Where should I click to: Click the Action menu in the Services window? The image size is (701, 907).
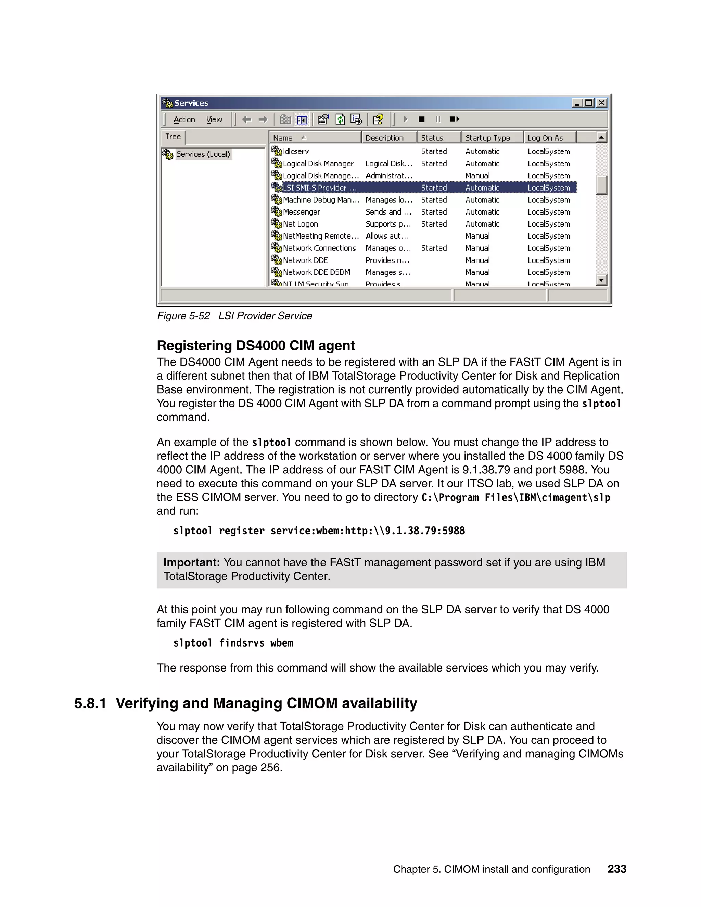[184, 119]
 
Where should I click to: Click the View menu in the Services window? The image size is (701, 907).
[214, 119]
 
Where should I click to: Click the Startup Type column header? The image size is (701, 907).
[487, 138]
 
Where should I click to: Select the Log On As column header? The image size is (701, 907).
[545, 138]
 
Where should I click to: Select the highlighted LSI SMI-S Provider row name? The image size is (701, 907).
[319, 188]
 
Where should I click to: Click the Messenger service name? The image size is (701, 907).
[301, 212]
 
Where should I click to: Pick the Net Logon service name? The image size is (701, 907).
[300, 224]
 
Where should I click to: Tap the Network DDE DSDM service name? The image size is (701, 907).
[317, 272]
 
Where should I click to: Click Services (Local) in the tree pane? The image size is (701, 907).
[203, 154]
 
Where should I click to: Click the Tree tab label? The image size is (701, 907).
[173, 137]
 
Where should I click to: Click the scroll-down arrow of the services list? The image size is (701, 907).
[601, 280]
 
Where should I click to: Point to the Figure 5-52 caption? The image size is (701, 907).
[234, 316]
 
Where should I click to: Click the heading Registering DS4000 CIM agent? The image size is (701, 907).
[255, 346]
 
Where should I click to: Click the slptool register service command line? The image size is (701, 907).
[319, 531]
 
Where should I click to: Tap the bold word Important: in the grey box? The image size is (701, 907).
[191, 563]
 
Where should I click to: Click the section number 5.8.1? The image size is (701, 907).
[90, 703]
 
